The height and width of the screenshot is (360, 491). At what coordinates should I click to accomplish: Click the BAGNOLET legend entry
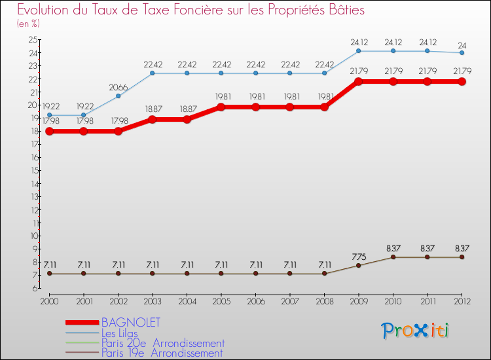click(131, 323)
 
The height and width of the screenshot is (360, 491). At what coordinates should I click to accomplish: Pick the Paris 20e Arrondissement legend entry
click(163, 343)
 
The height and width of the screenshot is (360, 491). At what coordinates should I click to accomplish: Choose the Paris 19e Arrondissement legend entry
click(162, 353)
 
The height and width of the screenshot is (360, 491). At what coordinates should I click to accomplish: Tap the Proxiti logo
click(416, 331)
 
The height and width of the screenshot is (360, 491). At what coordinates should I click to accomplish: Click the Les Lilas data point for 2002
click(118, 96)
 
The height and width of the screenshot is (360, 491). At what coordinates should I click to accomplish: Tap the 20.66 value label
click(118, 87)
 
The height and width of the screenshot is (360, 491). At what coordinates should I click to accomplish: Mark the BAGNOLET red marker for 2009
click(359, 82)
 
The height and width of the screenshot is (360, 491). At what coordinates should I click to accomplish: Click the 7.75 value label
click(359, 257)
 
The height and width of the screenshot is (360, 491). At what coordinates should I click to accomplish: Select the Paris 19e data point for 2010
click(393, 257)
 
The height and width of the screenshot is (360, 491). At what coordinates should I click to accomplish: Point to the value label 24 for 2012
click(462, 46)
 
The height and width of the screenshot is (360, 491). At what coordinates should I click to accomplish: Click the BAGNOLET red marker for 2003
click(153, 120)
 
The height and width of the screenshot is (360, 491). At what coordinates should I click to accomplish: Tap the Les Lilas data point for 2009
click(359, 51)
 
